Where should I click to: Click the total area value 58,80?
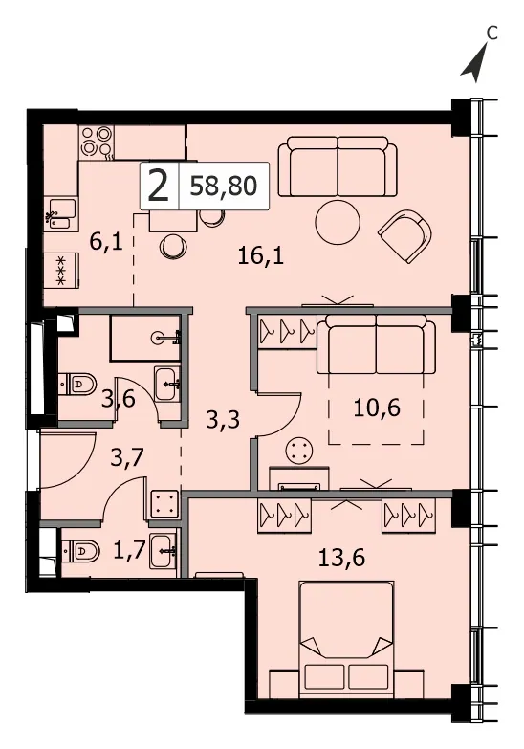[224, 187]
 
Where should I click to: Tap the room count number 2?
[159, 187]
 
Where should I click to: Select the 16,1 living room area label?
[261, 256]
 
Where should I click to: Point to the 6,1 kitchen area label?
[106, 242]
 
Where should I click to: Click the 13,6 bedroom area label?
[342, 557]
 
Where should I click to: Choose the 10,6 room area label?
[377, 408]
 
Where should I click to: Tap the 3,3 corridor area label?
[223, 420]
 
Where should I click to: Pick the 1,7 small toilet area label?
[128, 550]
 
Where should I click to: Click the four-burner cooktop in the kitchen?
[97, 142]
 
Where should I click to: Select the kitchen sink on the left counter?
[60, 214]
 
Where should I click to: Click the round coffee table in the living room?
[338, 223]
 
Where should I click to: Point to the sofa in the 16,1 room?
[338, 166]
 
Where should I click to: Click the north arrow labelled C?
[474, 62]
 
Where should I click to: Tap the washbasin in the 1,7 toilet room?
[164, 550]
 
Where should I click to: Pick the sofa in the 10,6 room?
[376, 344]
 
